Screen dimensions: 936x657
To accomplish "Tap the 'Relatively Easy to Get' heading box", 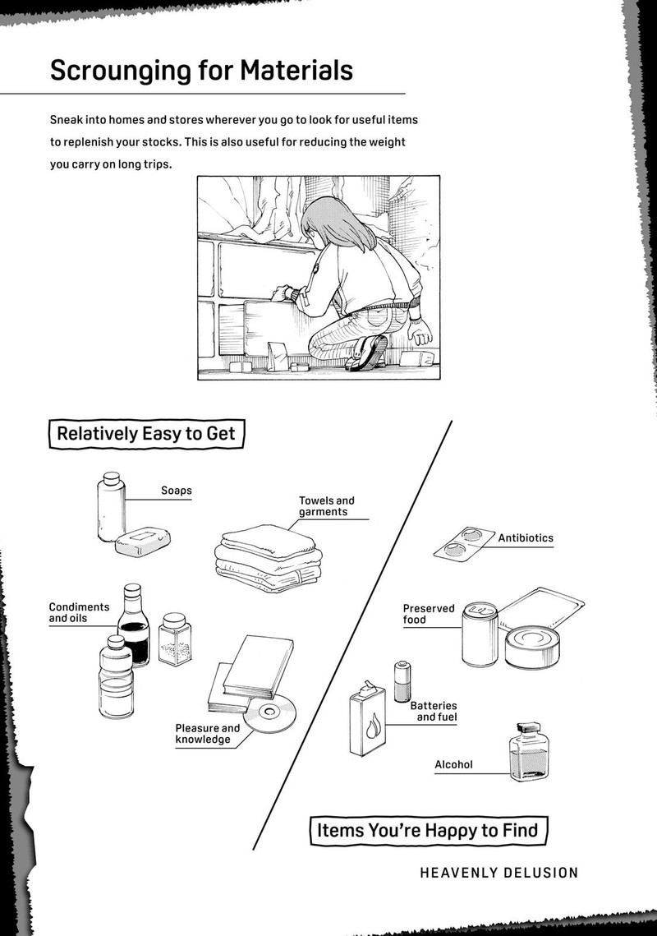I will click(x=146, y=433).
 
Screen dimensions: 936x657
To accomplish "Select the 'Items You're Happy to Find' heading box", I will click(x=428, y=829).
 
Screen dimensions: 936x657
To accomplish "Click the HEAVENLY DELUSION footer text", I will click(x=498, y=873).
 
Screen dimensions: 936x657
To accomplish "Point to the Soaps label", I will click(x=176, y=491).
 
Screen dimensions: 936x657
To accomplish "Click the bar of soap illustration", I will click(x=145, y=543).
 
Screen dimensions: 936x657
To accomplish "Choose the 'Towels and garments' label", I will click(x=326, y=506).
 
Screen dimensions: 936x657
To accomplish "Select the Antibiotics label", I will click(x=526, y=538).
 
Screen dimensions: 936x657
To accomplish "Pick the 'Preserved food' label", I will click(x=428, y=614).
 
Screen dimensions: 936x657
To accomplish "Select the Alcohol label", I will click(x=453, y=764).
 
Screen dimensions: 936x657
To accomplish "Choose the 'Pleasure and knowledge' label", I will click(x=207, y=734).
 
